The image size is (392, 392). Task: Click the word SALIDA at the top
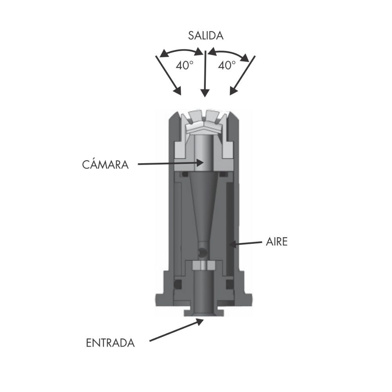coord(205,36)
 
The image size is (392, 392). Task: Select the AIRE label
coord(276,242)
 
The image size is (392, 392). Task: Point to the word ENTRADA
coord(110,343)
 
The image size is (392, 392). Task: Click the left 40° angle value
coord(185,65)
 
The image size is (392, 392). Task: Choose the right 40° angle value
coord(227,65)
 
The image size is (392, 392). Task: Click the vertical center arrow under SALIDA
coord(205,74)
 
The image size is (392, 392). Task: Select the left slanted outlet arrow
coord(168,76)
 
